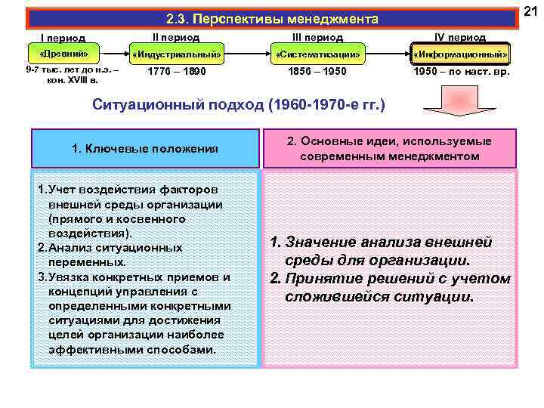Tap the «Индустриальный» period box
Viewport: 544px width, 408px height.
176,55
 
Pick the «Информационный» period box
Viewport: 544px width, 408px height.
460,55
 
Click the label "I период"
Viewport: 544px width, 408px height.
62,38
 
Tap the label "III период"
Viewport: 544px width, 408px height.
317,36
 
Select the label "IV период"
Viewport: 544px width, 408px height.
460,36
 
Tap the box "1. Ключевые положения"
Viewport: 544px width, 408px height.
144,149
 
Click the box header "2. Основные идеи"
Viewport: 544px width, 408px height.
389,149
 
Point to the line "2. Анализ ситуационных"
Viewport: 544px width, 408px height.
110,248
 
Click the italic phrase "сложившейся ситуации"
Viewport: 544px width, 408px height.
379,296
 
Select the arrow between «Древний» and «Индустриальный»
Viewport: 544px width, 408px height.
112,54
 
